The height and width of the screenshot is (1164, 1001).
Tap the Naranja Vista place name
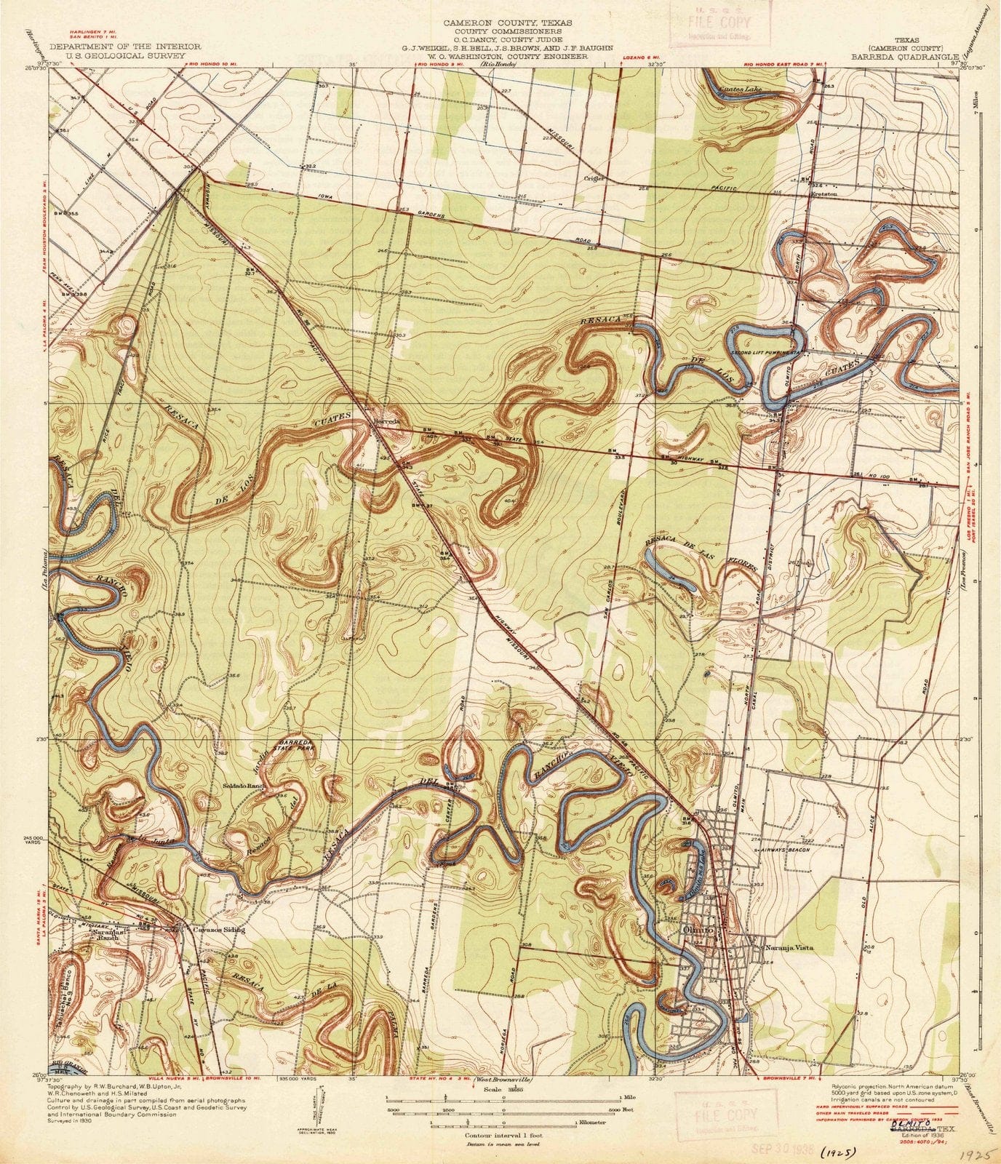(789, 947)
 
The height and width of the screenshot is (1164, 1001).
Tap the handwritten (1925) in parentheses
(837, 1152)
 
